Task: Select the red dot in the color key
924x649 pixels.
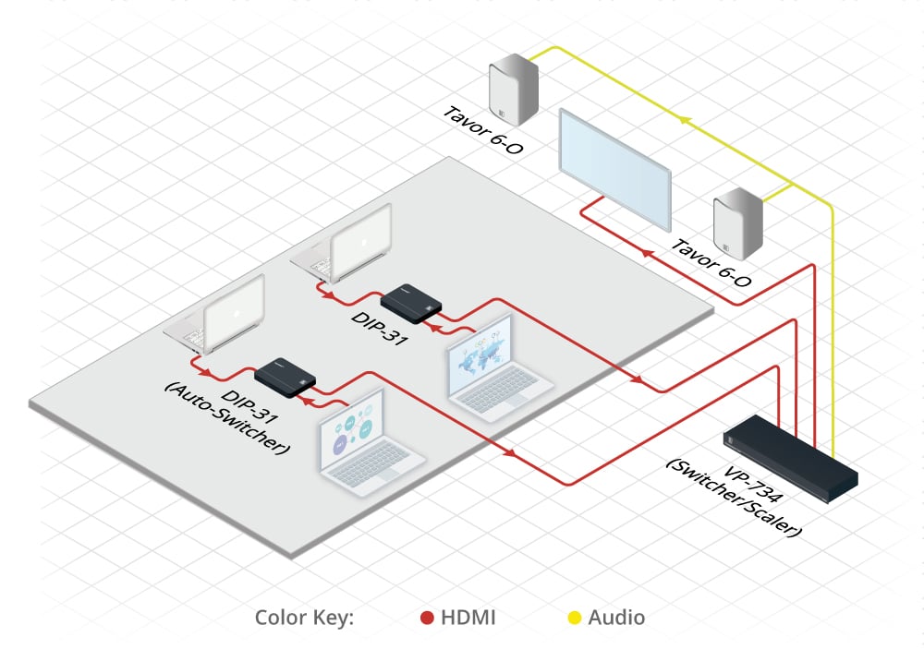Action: (x=428, y=618)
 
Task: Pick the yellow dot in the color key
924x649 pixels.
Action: (x=574, y=618)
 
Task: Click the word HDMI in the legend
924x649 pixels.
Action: (x=469, y=618)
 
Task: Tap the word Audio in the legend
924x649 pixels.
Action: (x=616, y=618)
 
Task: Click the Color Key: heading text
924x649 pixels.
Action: (x=304, y=618)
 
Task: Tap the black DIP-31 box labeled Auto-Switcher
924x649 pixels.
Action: (x=286, y=377)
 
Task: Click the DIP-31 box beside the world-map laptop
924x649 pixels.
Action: (x=411, y=302)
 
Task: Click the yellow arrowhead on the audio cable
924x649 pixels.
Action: (x=683, y=120)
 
